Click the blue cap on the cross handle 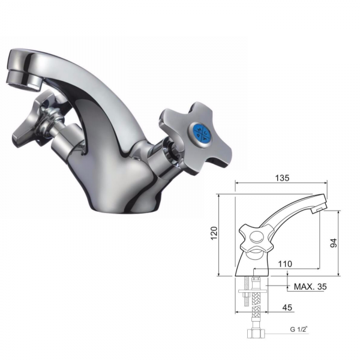coord(202,133)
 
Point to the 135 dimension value coord(282,178)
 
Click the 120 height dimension coord(214,233)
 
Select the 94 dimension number coord(333,243)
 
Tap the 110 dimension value coord(285,264)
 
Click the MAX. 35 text coord(310,287)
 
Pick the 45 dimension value coord(287,307)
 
